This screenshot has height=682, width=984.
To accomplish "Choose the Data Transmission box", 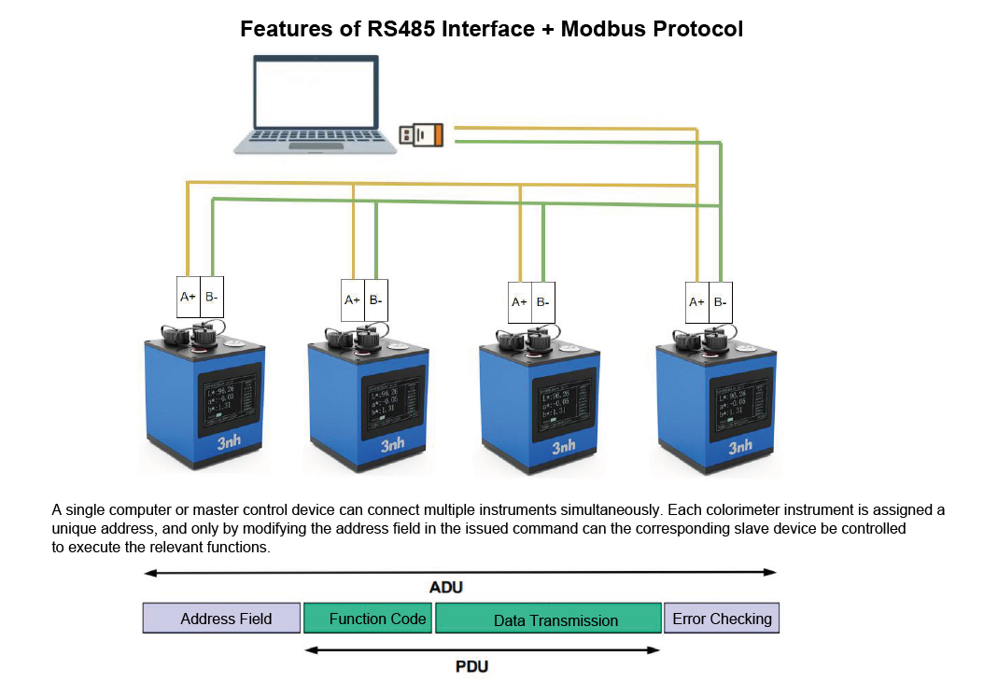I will pyautogui.click(x=548, y=619).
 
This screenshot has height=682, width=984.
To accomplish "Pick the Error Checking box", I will pyautogui.click(x=721, y=618).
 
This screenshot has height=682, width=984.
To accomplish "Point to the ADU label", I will pyautogui.click(x=445, y=588).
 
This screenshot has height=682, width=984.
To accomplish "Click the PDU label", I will pyautogui.click(x=471, y=666).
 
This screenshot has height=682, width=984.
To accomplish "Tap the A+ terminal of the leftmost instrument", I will pyautogui.click(x=188, y=298).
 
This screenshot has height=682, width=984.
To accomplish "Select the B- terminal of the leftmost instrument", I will pyautogui.click(x=212, y=298).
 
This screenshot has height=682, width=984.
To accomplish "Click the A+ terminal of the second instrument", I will pyautogui.click(x=352, y=300).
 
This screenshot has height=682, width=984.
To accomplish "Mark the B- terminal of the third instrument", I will pyautogui.click(x=543, y=302).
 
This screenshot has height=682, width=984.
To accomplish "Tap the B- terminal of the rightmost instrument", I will pyautogui.click(x=720, y=301).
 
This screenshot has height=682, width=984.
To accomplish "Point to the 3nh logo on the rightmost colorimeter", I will pyautogui.click(x=740, y=446).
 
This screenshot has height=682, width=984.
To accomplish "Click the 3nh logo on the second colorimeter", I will pyautogui.click(x=393, y=446).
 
